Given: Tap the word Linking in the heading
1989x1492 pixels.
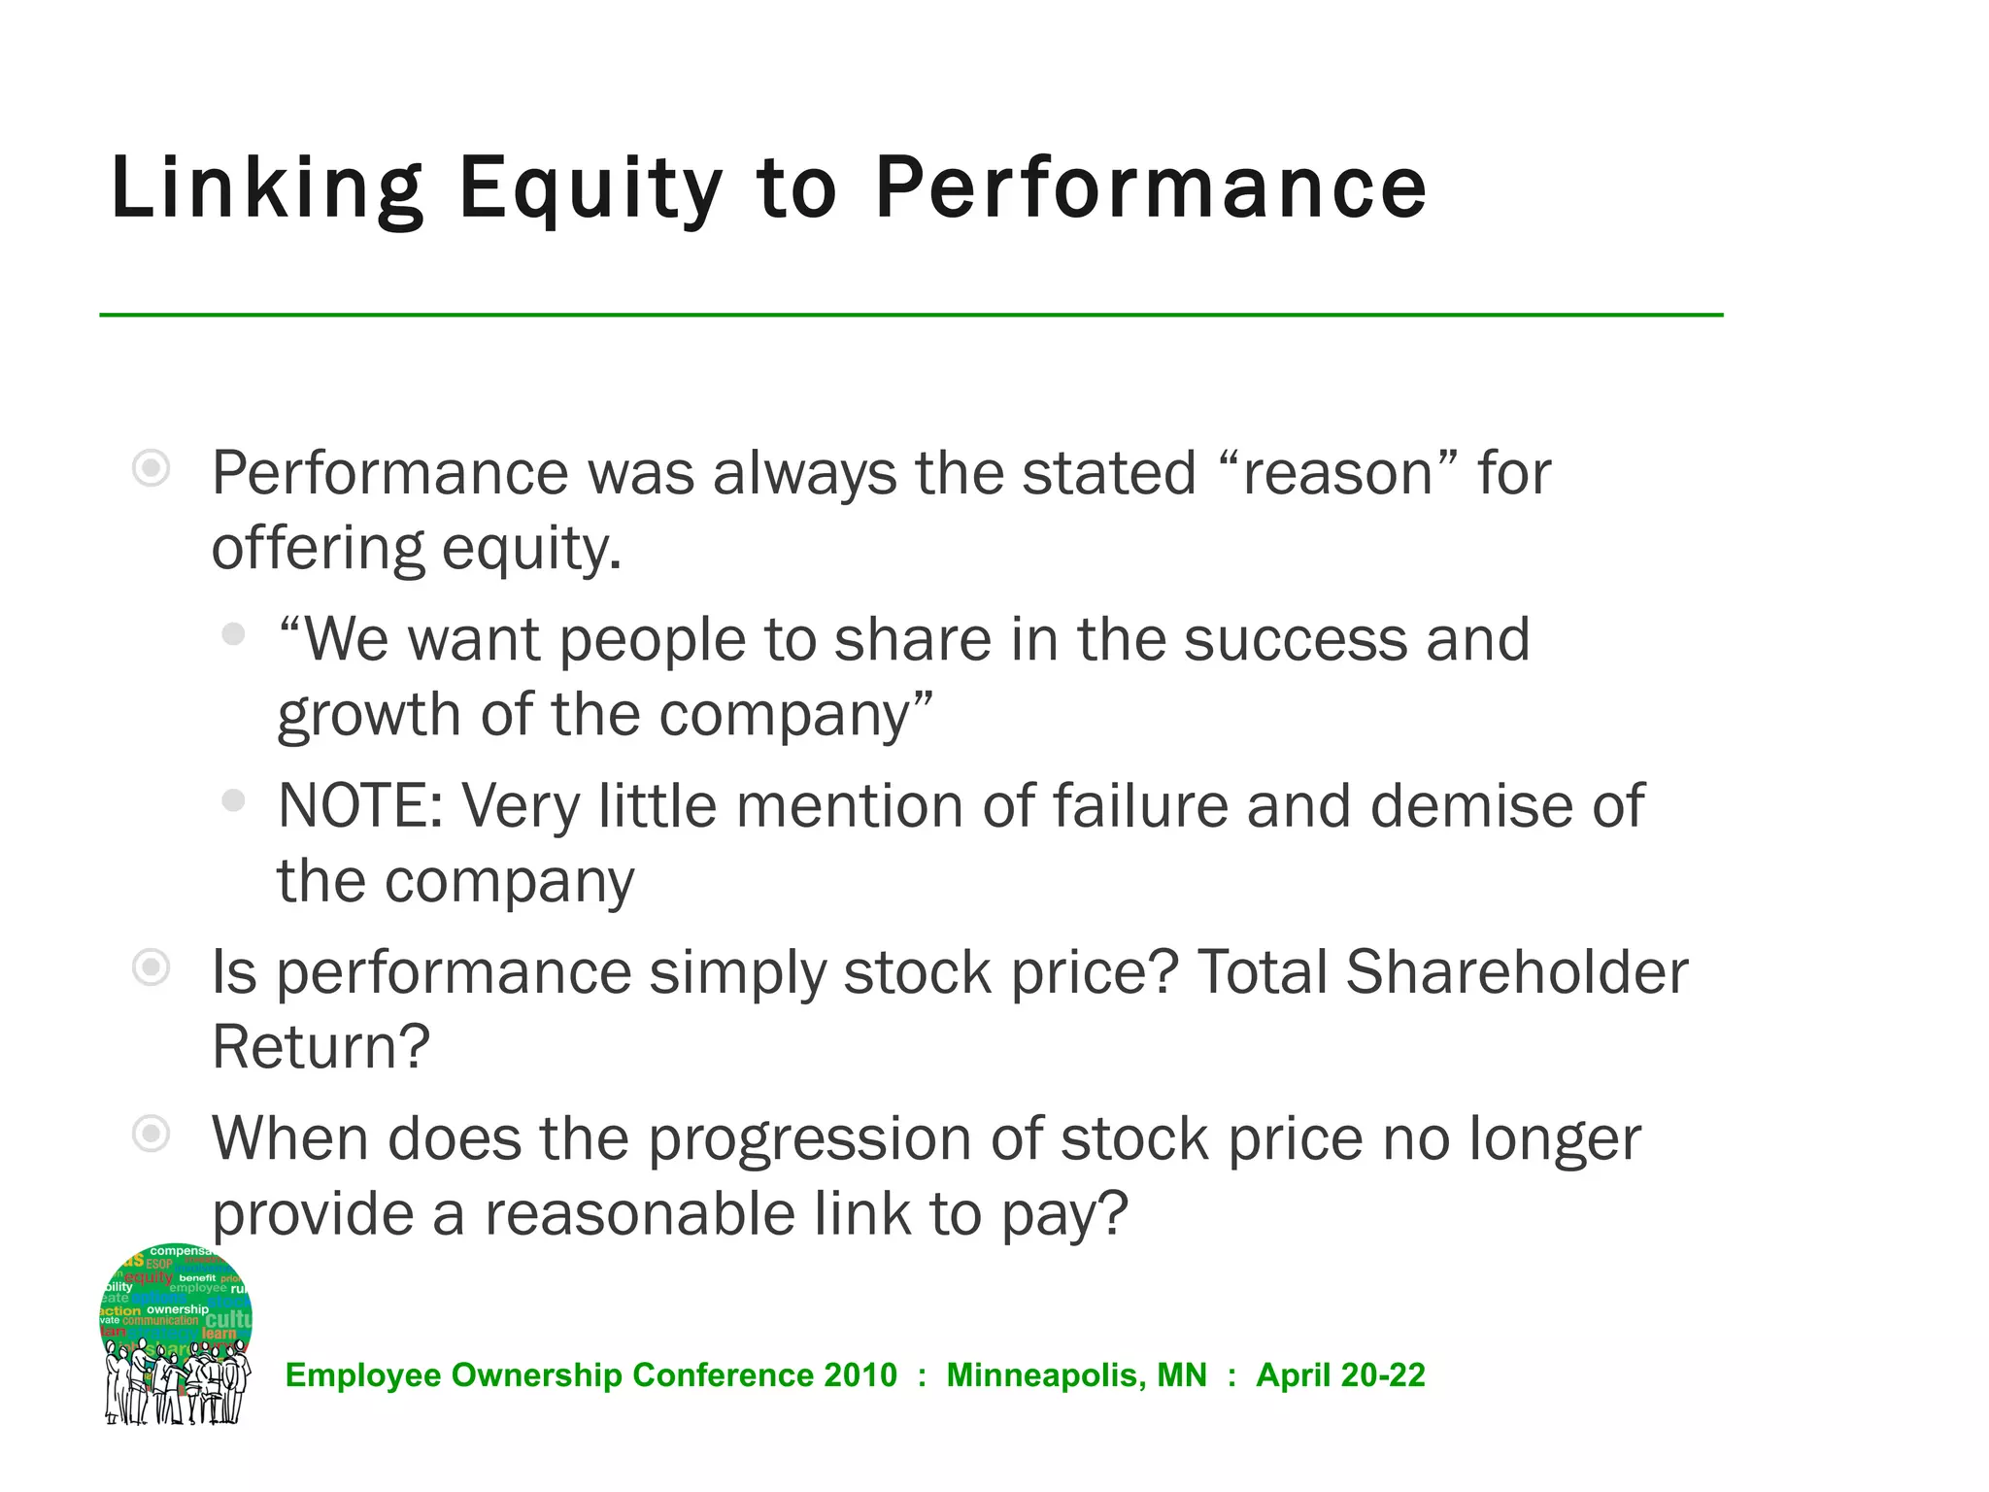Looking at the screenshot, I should pos(267,189).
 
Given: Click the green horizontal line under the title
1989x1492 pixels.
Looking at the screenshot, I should pos(911,315).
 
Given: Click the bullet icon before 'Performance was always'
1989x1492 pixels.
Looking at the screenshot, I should pos(152,469).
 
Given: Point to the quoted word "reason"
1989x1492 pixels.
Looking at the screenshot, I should pos(1337,474).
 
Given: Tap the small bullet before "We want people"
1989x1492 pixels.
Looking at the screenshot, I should pos(233,634).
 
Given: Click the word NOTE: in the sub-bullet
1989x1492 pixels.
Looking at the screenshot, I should pos(360,806).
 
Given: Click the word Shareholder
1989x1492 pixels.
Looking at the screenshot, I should pos(1516,972).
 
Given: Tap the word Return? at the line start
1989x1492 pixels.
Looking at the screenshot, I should pos(320,1047).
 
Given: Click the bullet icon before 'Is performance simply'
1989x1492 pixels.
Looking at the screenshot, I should pos(152,967).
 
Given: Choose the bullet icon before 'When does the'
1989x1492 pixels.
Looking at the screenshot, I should pos(152,1134).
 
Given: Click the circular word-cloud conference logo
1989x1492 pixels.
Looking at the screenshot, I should pos(176,1333).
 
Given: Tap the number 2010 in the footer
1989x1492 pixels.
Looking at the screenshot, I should pos(860,1375).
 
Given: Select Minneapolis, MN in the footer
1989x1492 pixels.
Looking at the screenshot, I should pos(1076,1375).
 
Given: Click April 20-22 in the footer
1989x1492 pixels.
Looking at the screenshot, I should pos(1340,1375).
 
